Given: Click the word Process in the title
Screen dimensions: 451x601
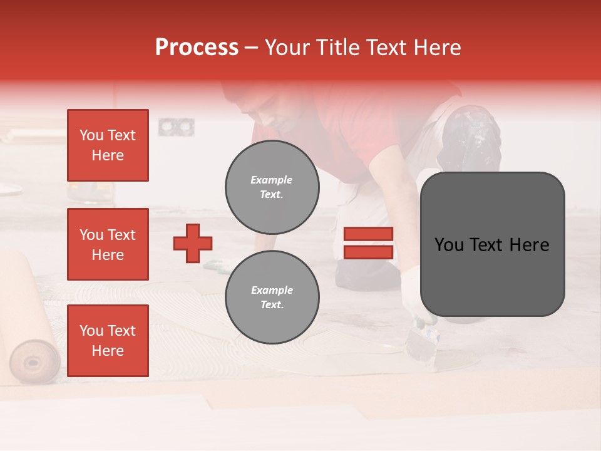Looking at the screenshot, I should tap(197, 48).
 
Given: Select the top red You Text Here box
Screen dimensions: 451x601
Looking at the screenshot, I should tap(108, 145).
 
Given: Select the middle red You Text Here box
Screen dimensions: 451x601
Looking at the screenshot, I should tap(108, 244).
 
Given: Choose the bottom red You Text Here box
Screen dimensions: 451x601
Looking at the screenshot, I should tap(108, 340).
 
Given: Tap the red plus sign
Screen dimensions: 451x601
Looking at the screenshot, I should tap(193, 243).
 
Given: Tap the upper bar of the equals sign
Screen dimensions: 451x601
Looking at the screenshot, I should tap(368, 234).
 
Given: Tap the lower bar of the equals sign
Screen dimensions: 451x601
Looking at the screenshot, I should tap(368, 252).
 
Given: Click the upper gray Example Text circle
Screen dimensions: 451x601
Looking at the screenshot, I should tap(272, 187).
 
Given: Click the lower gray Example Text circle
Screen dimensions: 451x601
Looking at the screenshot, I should tap(272, 298).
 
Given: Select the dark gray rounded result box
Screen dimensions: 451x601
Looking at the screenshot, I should tap(492, 244).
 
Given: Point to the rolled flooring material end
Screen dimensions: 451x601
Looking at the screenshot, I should tap(34, 361).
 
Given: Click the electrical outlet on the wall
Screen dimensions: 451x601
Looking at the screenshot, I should tap(176, 127).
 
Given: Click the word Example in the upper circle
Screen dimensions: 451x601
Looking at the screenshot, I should tap(271, 180).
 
